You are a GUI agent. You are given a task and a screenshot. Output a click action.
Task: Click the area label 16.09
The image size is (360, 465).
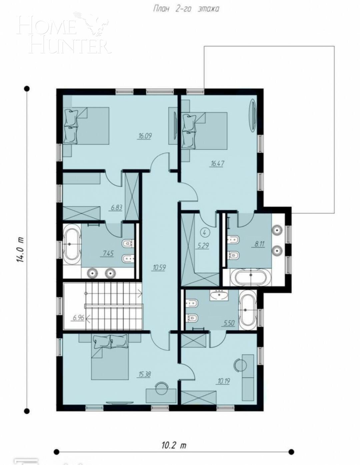[145, 136]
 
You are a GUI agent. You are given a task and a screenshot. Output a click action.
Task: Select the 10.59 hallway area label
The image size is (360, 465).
[159, 267]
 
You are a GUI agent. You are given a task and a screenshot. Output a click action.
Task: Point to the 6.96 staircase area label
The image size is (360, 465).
[79, 318]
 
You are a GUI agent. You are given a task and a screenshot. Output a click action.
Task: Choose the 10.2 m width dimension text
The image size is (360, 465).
[174, 445]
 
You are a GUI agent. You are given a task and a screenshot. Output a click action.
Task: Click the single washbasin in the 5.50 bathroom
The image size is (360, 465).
[219, 295]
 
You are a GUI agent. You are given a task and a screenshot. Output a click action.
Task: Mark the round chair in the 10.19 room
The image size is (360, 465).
[239, 365]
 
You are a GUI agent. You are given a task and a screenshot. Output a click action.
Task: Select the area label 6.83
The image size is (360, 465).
[117, 207]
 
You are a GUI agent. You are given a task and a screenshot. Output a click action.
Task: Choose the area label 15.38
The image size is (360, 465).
[144, 374]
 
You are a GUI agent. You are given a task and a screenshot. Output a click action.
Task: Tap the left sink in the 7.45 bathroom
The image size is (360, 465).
[92, 273]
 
